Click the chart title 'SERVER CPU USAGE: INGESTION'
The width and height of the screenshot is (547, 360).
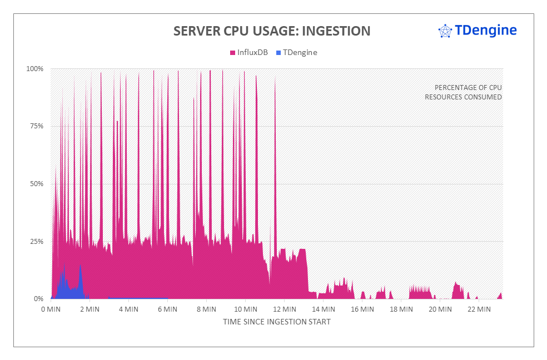(x=272, y=31)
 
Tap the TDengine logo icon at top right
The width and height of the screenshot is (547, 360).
(x=445, y=31)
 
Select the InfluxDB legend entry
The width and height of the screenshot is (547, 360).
(x=248, y=52)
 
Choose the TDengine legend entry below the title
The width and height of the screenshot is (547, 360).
(x=296, y=52)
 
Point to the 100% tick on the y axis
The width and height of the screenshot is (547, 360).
(x=34, y=69)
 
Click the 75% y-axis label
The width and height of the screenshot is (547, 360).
(x=36, y=126)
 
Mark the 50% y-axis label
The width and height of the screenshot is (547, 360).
(x=36, y=184)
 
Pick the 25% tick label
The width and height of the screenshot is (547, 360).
(x=36, y=241)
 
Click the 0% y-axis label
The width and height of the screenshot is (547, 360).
(x=38, y=299)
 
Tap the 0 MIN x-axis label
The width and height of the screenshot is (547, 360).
(x=51, y=309)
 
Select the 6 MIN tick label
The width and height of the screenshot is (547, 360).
(x=167, y=309)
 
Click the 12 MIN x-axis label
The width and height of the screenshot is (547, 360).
(x=284, y=309)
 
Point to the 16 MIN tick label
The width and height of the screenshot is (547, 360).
(x=362, y=309)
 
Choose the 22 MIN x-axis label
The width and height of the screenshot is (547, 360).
(x=479, y=309)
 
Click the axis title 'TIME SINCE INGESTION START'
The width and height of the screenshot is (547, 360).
(x=277, y=322)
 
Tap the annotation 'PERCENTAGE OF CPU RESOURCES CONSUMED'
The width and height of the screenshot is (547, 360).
(x=464, y=92)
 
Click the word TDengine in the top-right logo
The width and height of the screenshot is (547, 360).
(x=485, y=30)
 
